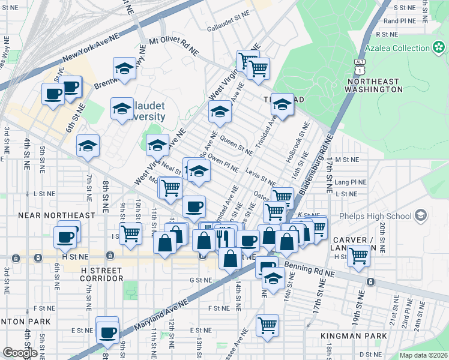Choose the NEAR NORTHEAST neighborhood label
pos(57,215)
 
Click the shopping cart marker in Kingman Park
pos(267,325)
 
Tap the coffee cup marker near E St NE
pos(107,331)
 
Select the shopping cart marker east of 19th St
pos(358,256)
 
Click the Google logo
pos(20,353)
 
